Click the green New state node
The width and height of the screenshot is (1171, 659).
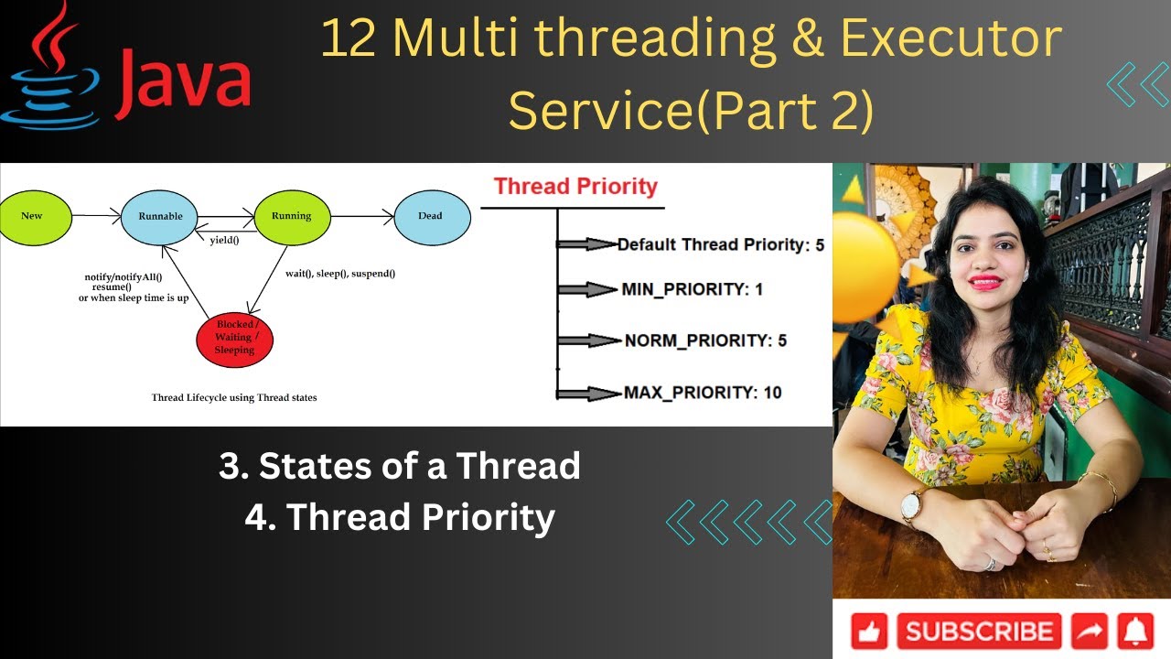click(x=32, y=216)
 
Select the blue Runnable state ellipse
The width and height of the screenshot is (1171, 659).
click(x=160, y=217)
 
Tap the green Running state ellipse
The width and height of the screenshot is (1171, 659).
click(x=291, y=216)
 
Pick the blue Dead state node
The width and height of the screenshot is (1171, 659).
click(x=431, y=216)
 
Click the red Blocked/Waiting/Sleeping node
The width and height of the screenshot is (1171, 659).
click(x=234, y=338)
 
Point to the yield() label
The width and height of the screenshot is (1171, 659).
click(x=224, y=241)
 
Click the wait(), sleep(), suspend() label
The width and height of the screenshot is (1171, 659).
click(x=340, y=273)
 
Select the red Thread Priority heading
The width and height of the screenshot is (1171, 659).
click(x=575, y=187)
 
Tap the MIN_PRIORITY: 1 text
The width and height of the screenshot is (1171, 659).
click(x=692, y=289)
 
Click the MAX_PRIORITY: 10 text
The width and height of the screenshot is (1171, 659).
click(x=703, y=393)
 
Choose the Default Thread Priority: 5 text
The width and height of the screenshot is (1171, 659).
click(x=721, y=244)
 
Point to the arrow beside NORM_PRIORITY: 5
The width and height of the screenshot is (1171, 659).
click(x=588, y=340)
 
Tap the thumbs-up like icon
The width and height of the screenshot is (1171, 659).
click(x=869, y=632)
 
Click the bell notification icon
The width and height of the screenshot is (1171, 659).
click(x=1137, y=632)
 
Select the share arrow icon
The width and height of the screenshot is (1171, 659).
click(x=1090, y=632)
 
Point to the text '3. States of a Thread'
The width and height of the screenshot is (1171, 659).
click(x=400, y=466)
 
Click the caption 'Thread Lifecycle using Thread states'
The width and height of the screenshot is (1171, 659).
click(x=234, y=398)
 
